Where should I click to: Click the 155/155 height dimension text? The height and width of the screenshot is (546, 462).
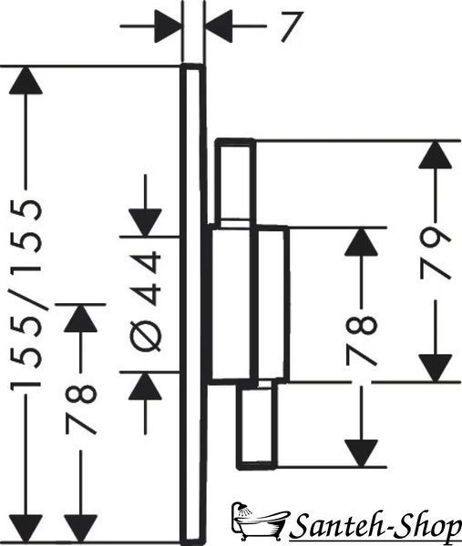point(26,295)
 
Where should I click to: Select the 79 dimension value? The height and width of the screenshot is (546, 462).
point(436,253)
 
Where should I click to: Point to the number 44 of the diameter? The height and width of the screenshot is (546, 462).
point(146,279)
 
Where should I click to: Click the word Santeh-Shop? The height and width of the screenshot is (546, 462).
point(375,529)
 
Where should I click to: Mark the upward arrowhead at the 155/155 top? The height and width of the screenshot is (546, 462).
point(26,80)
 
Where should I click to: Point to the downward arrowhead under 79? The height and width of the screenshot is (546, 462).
point(436,368)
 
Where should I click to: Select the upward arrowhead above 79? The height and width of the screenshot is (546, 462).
point(436,155)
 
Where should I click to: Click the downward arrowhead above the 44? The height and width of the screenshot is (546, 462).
point(145,223)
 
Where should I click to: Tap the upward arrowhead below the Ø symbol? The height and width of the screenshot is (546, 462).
point(145,386)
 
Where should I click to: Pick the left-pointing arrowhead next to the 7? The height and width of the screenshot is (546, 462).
point(219,26)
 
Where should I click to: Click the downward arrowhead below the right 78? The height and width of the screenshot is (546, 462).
point(361,453)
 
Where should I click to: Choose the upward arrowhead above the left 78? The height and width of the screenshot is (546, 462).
point(80,318)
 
